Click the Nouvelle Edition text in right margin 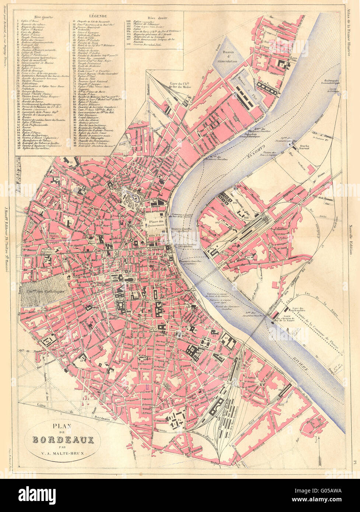click(353, 239)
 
